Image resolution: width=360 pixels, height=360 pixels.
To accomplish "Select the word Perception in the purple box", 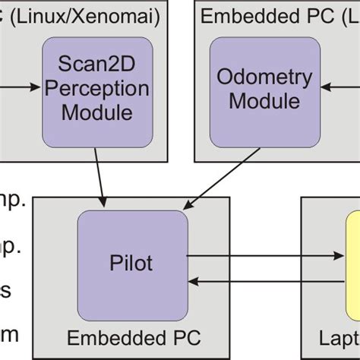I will pyautogui.click(x=96, y=89).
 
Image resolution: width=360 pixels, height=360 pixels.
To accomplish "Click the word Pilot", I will pyautogui.click(x=131, y=264).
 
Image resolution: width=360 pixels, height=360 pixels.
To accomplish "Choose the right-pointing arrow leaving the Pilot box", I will pyautogui.click(x=266, y=257).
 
